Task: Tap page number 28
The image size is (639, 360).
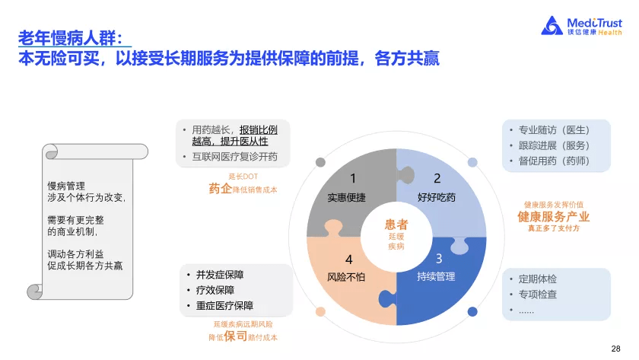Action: pos(615,348)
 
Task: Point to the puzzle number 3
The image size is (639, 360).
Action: pos(439,259)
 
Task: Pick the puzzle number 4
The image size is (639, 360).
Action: pos(348,259)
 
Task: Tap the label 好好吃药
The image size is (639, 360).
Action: pos(437,198)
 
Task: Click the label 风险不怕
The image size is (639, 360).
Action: pos(346,277)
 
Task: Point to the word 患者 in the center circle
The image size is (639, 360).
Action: pos(396,224)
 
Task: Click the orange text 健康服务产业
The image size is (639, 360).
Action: pos(554,216)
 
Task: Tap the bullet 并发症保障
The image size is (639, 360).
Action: pos(224,275)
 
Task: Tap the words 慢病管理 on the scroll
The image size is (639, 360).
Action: pos(66,185)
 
